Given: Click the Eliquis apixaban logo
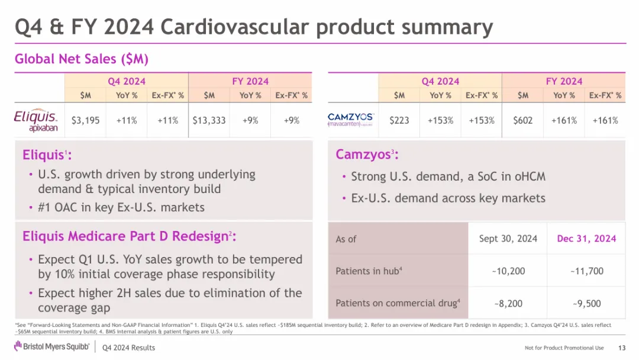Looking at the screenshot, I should (35, 121).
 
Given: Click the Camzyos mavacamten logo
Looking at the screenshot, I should (351, 120).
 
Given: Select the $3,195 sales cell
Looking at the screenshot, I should (85, 120).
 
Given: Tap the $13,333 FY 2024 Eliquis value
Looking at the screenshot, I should (209, 120).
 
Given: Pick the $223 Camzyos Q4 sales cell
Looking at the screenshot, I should (399, 120).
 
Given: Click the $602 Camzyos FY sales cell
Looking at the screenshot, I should (522, 120).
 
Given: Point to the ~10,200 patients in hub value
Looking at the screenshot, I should (508, 271).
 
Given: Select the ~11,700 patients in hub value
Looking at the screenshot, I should (587, 271).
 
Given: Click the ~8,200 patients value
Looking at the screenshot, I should (508, 303).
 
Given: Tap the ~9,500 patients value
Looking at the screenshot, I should (587, 303).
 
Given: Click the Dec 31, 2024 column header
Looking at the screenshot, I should (586, 239).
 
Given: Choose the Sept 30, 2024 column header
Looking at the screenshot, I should (508, 239).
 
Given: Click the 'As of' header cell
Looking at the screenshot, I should (346, 239).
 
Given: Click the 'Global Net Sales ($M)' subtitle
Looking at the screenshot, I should (81, 59).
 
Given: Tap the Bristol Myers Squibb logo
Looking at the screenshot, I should (50, 347).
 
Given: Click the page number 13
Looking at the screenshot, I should (621, 348).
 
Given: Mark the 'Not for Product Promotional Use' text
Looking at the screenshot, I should (564, 348).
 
